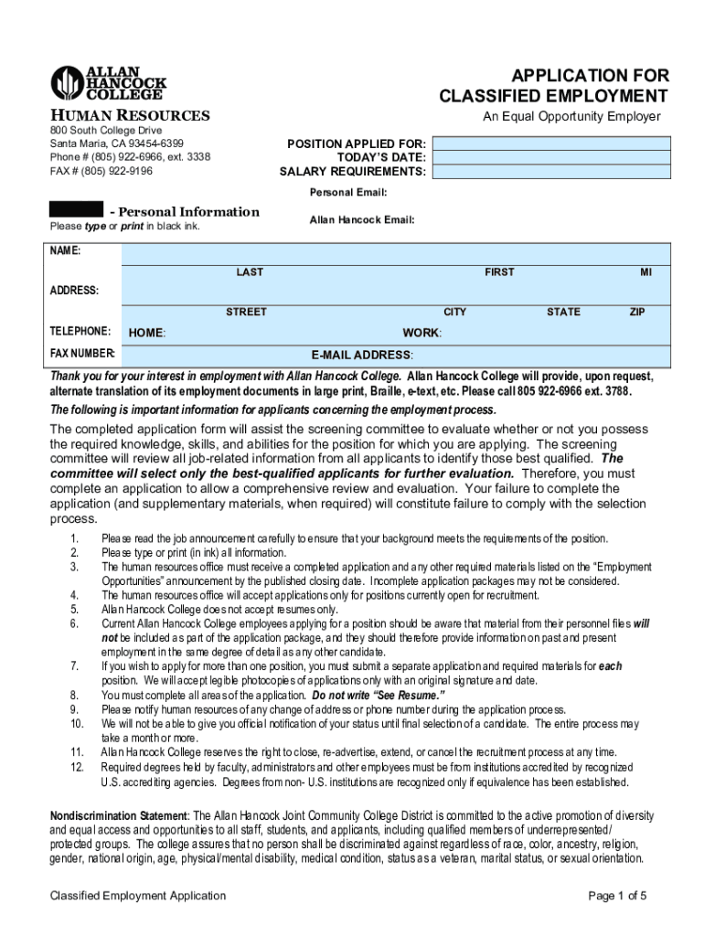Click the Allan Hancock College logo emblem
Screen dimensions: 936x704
(x=67, y=83)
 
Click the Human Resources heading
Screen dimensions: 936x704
(x=129, y=115)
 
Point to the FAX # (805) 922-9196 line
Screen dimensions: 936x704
(x=101, y=171)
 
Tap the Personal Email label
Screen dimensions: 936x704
(x=348, y=193)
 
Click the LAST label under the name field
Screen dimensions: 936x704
(x=250, y=272)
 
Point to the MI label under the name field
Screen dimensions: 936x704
(x=645, y=272)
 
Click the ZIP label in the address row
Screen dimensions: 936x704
(x=637, y=313)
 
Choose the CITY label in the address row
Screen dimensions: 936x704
(x=454, y=313)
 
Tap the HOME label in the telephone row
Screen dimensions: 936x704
(x=146, y=334)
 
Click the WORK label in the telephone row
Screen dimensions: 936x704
(x=421, y=333)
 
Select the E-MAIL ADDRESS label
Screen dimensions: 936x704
(x=362, y=355)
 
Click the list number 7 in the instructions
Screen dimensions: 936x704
(x=73, y=666)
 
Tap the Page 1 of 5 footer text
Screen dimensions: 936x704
(x=619, y=896)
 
